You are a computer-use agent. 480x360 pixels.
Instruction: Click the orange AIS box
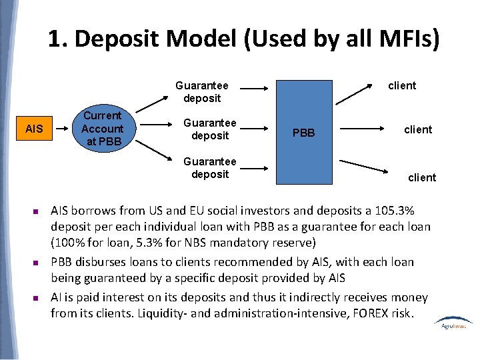(x=34, y=129)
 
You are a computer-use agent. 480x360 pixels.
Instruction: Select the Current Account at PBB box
(x=102, y=129)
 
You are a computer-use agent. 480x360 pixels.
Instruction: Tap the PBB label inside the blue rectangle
(x=303, y=133)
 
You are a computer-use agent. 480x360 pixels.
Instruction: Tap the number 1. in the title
(x=58, y=39)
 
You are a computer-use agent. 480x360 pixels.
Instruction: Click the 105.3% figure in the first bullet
(x=392, y=211)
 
